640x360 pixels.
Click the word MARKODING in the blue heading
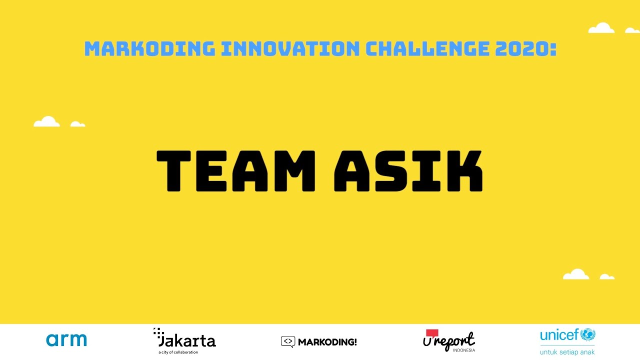click(x=149, y=49)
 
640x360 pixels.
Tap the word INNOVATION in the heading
click(x=290, y=49)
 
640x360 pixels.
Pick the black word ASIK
click(x=408, y=171)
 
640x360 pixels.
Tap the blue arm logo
click(x=66, y=340)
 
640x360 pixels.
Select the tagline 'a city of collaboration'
click(x=178, y=352)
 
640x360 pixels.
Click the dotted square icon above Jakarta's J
click(x=158, y=332)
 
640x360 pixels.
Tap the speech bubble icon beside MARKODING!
click(x=287, y=342)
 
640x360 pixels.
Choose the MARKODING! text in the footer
click(x=327, y=342)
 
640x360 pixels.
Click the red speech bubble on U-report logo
click(x=431, y=333)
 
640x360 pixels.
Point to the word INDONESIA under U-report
click(x=464, y=350)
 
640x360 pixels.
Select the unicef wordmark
click(x=559, y=334)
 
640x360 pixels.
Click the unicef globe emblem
click(x=587, y=334)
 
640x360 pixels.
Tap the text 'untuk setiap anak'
click(x=567, y=352)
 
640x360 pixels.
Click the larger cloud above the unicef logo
click(x=576, y=274)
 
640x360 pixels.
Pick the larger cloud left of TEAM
click(x=47, y=121)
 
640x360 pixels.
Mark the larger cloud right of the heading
click(x=601, y=28)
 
